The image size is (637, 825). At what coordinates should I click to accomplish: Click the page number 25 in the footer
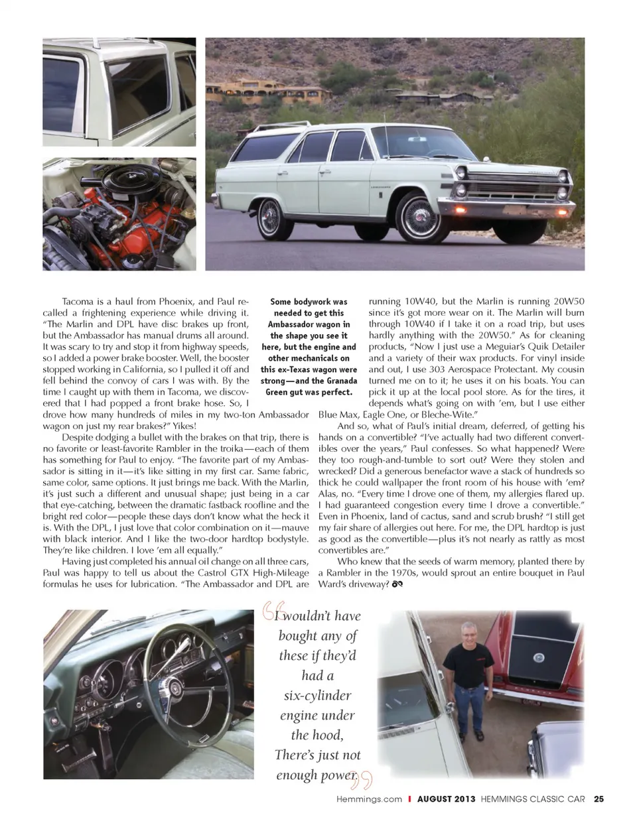[599, 799]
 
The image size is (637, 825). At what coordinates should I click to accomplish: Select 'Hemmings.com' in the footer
[369, 799]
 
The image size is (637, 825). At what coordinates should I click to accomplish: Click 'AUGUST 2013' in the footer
[446, 799]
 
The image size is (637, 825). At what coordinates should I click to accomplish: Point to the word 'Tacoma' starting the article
[78, 301]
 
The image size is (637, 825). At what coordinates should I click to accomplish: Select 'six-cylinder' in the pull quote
[317, 695]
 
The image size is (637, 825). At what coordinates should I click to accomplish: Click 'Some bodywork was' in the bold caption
[309, 302]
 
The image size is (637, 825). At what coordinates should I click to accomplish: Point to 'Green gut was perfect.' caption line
[309, 392]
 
